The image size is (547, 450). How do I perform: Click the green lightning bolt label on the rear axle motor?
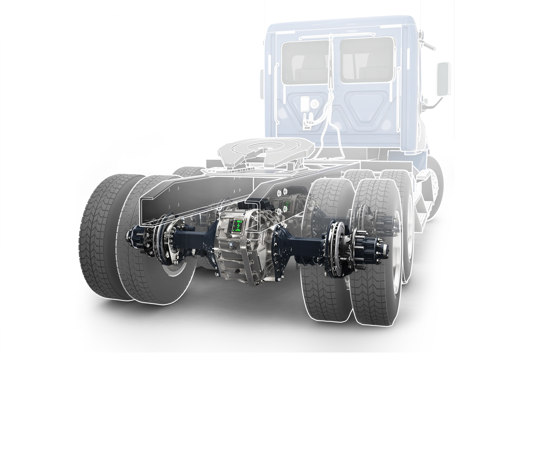tap(237, 226)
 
